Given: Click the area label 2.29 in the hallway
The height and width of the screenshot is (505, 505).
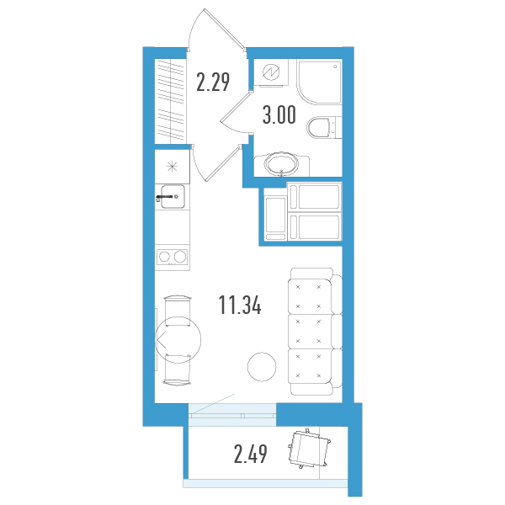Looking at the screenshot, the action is coord(213,82).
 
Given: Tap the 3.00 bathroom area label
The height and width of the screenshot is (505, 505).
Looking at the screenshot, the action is coord(279,115).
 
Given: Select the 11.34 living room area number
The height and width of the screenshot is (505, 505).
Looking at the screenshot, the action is coord(240,305).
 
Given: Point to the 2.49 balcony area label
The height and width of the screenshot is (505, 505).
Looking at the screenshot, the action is coord(250,454).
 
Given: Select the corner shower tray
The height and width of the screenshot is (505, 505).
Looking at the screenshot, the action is coord(320,82).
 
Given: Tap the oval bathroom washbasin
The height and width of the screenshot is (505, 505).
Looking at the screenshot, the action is coord(281,164).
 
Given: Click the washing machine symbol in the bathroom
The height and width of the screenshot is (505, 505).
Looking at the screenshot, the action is coord(271,72).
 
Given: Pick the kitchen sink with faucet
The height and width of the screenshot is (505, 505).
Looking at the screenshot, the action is coord(173,196).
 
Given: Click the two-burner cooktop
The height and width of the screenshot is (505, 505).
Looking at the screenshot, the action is coord(173,257).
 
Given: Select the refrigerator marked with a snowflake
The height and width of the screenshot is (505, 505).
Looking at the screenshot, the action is coord(172,167).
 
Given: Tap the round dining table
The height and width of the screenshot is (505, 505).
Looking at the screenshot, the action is coord(178,340).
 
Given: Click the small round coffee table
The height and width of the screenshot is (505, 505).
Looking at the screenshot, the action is coord(262,367).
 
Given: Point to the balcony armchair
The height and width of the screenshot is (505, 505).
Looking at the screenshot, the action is coord(309,449).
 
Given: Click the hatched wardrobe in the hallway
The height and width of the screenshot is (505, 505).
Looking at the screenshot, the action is coord(171,102).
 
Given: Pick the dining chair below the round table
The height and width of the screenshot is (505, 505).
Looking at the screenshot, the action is coord(178,369).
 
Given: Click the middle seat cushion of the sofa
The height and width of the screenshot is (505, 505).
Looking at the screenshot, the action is coord(310,332).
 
